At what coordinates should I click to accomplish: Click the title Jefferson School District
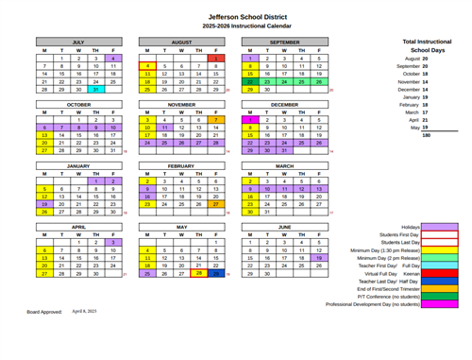tap(236, 16)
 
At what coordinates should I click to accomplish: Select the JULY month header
tap(79, 43)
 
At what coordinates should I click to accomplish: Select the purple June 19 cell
tap(319, 258)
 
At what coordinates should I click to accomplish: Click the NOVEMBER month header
tap(181, 104)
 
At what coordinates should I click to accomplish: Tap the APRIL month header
tap(79, 227)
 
